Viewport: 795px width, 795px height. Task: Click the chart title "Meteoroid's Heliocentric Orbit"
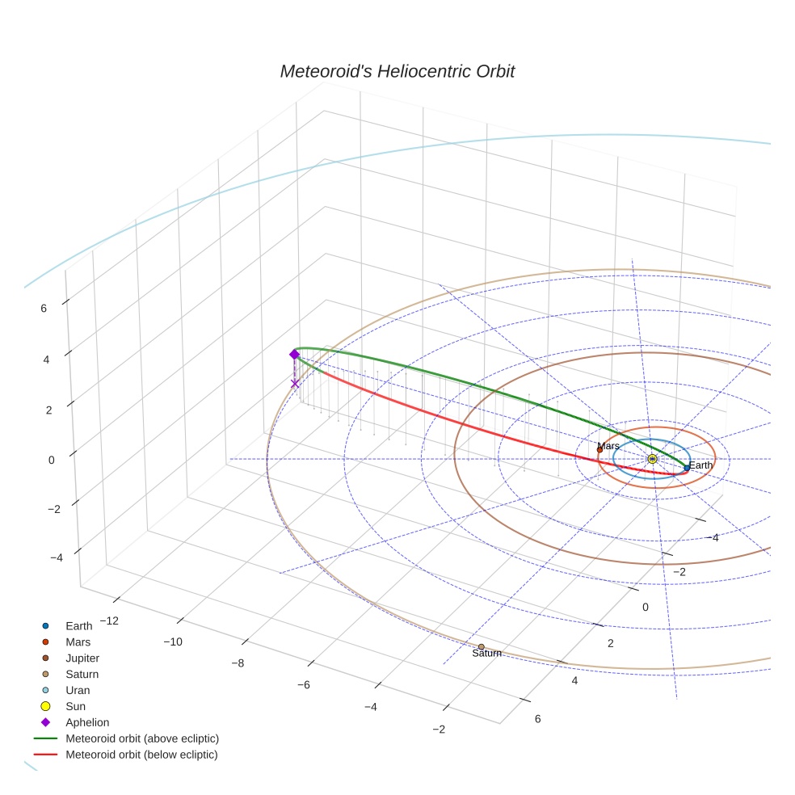tap(397, 72)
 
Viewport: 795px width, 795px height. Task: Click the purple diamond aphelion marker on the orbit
tap(294, 354)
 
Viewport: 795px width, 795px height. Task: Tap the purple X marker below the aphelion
tap(295, 384)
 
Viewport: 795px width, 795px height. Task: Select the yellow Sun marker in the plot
tap(652, 459)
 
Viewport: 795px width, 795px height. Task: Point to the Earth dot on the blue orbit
tap(687, 468)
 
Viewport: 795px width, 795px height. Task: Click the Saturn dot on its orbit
tap(481, 646)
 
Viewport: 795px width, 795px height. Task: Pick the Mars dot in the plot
tap(599, 450)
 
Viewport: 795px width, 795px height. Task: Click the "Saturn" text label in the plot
tap(486, 654)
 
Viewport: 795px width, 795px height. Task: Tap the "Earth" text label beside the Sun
tap(700, 465)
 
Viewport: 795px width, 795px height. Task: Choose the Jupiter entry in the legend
tap(82, 658)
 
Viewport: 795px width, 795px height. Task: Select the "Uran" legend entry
tap(78, 690)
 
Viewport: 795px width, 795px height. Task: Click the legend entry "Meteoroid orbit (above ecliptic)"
tap(142, 738)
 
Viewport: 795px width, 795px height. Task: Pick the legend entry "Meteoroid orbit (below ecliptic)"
tap(141, 755)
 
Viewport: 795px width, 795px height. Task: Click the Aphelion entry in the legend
tap(87, 722)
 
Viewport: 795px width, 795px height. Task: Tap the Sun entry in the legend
tap(76, 706)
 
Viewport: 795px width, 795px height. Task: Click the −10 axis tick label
tap(173, 641)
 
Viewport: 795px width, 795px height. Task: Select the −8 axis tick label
tap(238, 662)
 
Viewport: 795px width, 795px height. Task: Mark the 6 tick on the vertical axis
tap(44, 308)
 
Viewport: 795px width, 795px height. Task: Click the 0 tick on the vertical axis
tap(52, 459)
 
